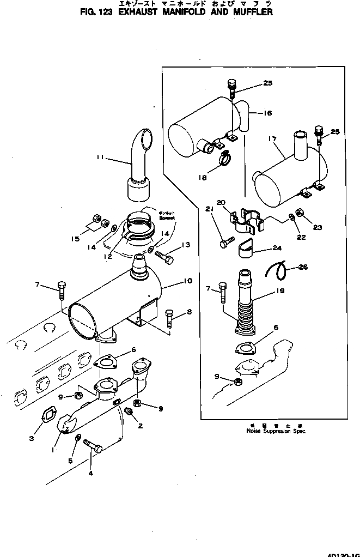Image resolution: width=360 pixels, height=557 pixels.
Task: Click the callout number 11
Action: click(x=100, y=158)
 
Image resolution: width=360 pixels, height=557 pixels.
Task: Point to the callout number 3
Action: click(x=32, y=438)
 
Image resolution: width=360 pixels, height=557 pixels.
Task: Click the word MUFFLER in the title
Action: click(x=252, y=11)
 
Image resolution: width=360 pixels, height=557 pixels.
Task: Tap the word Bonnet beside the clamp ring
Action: click(x=165, y=217)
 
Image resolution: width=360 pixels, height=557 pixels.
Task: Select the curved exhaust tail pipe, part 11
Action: click(x=140, y=164)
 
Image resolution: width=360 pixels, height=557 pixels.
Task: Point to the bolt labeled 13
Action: click(x=164, y=255)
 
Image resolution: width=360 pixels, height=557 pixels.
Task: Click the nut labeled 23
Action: click(x=299, y=212)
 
